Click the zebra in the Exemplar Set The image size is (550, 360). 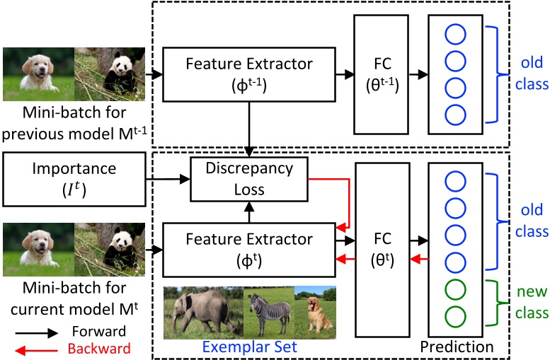pos(268,309)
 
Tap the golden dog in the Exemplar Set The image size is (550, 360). pos(314,309)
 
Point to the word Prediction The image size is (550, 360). pos(456,347)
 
